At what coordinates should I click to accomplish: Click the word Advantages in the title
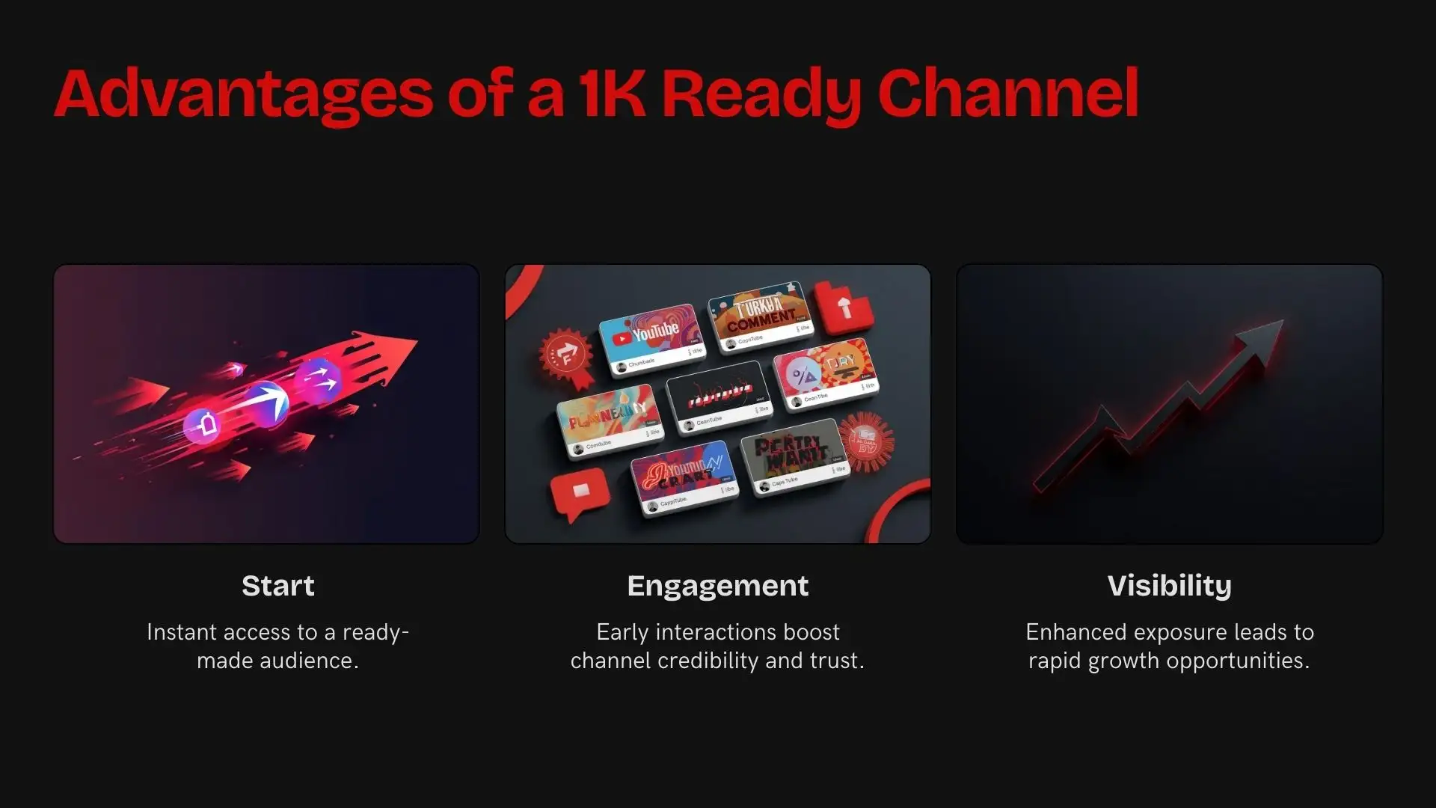pyautogui.click(x=243, y=95)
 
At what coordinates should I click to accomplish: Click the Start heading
pyautogui.click(x=277, y=586)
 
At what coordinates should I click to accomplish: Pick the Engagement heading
pyautogui.click(x=717, y=587)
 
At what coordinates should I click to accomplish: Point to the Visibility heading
pyautogui.click(x=1169, y=586)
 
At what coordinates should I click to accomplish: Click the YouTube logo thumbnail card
pyautogui.click(x=651, y=340)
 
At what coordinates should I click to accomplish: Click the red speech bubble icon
pyautogui.click(x=579, y=493)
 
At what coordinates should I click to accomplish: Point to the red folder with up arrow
pyautogui.click(x=844, y=307)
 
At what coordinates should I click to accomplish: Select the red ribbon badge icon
pyautogui.click(x=567, y=358)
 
